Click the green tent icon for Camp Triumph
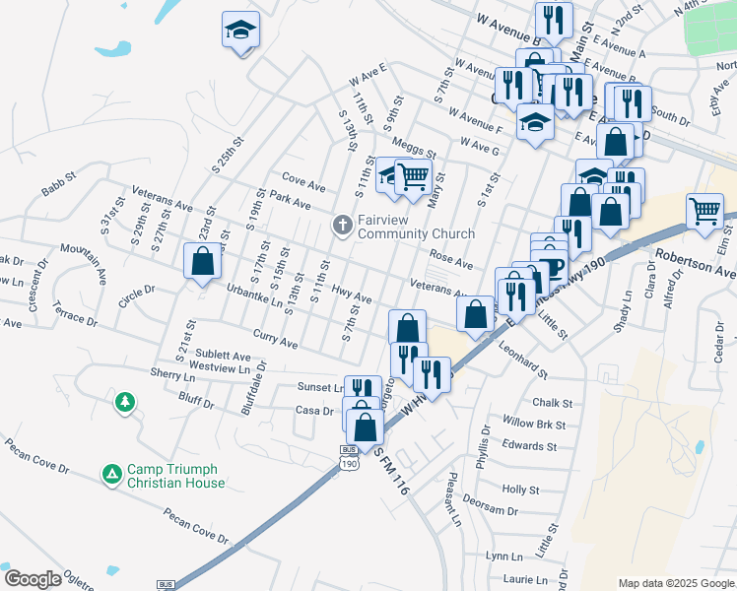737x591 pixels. tap(112, 475)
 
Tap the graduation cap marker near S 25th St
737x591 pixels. tap(239, 32)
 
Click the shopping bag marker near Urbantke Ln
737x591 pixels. tap(202, 261)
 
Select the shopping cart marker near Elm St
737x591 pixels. tap(705, 211)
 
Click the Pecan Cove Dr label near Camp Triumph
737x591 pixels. tap(196, 524)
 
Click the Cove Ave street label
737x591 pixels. tap(303, 184)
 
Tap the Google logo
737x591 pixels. tap(32, 579)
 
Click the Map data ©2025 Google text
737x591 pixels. tap(676, 583)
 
